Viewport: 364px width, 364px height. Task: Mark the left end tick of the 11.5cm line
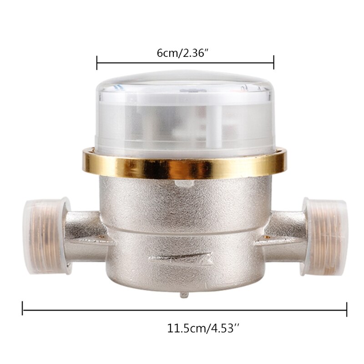click(23, 310)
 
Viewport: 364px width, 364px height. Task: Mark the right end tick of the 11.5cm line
click(347, 310)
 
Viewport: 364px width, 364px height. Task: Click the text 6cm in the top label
click(166, 53)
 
